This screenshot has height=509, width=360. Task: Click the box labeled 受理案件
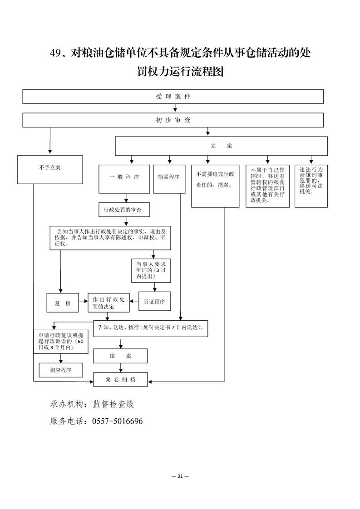coord(173,97)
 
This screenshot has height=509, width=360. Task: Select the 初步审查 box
coord(173,120)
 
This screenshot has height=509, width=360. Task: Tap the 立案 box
coord(221,146)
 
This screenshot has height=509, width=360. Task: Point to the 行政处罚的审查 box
coord(123,210)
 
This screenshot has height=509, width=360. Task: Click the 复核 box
coord(63,303)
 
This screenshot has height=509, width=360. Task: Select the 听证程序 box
coord(154,302)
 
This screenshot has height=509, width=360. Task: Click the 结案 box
coord(120,356)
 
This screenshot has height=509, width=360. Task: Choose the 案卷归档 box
coord(120,379)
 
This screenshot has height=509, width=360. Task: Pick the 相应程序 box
coord(61,370)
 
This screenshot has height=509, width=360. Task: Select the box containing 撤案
coord(215,186)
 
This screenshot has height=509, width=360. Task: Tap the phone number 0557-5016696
coord(118,421)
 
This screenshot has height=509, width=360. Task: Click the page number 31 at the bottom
coord(180,476)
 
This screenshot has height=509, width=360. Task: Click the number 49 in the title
coord(55,54)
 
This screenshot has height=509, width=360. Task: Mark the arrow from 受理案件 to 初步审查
coord(173,108)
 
